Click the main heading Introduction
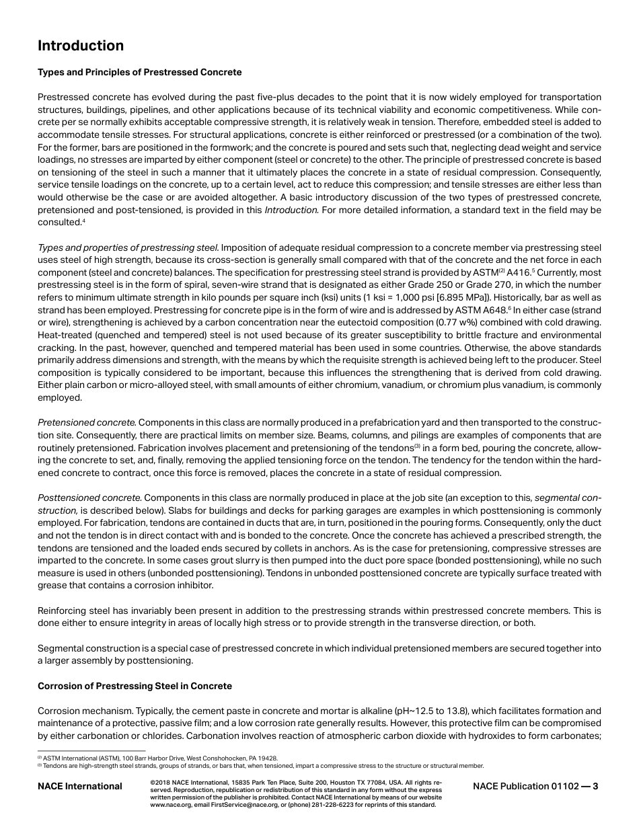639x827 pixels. [x=81, y=46]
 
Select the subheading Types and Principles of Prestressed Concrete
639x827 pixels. [x=139, y=72]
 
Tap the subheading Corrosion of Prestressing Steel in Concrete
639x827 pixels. [x=135, y=686]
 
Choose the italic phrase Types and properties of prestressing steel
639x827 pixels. [x=128, y=248]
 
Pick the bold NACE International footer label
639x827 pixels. [x=79, y=786]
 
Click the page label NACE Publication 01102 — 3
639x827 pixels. [x=535, y=786]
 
